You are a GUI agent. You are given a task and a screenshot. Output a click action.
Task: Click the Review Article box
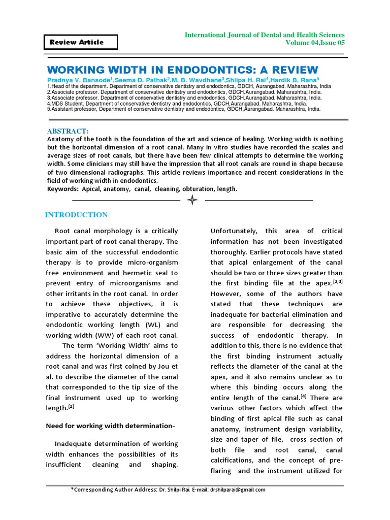click(x=81, y=42)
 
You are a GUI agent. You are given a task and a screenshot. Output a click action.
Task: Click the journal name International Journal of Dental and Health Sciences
click(x=264, y=35)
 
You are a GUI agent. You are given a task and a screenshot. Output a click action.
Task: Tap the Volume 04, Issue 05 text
click(x=315, y=43)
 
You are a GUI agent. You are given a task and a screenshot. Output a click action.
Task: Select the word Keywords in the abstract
click(x=61, y=189)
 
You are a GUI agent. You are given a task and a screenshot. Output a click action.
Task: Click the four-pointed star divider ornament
click(x=192, y=200)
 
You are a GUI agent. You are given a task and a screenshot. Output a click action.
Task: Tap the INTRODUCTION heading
click(x=76, y=215)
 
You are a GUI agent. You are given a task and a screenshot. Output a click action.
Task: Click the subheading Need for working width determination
click(x=110, y=425)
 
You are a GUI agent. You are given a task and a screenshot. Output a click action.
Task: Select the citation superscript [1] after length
click(x=72, y=407)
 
